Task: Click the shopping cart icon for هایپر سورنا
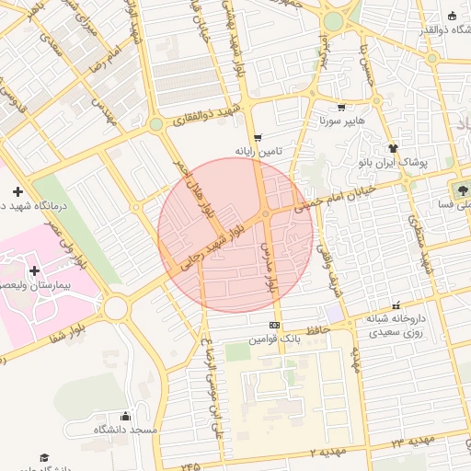[x=341, y=107]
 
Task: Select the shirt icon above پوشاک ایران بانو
[x=394, y=147]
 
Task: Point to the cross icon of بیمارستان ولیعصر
[x=35, y=270]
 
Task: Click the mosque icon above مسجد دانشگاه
[x=125, y=415]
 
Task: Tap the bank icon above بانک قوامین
[x=274, y=326]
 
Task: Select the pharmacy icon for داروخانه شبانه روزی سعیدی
[x=396, y=305]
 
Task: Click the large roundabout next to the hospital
[x=116, y=307]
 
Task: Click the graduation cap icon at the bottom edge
[x=43, y=457]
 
